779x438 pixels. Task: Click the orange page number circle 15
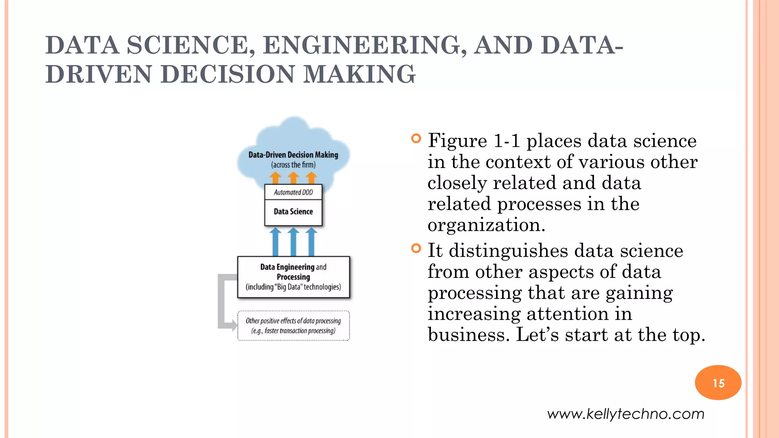point(718,382)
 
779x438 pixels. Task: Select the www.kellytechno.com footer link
point(626,414)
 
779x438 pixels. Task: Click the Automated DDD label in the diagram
point(293,192)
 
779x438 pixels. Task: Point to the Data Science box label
point(293,212)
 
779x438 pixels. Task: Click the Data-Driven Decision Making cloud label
point(293,155)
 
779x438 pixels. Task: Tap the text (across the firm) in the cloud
point(293,165)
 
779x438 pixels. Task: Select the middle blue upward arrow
point(293,242)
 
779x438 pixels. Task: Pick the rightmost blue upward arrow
point(311,242)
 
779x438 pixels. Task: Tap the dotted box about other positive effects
point(293,326)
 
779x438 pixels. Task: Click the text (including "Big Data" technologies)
point(293,287)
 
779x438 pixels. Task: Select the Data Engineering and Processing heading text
point(293,271)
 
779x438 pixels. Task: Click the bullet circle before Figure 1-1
point(416,138)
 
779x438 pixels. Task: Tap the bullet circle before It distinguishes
point(416,249)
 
